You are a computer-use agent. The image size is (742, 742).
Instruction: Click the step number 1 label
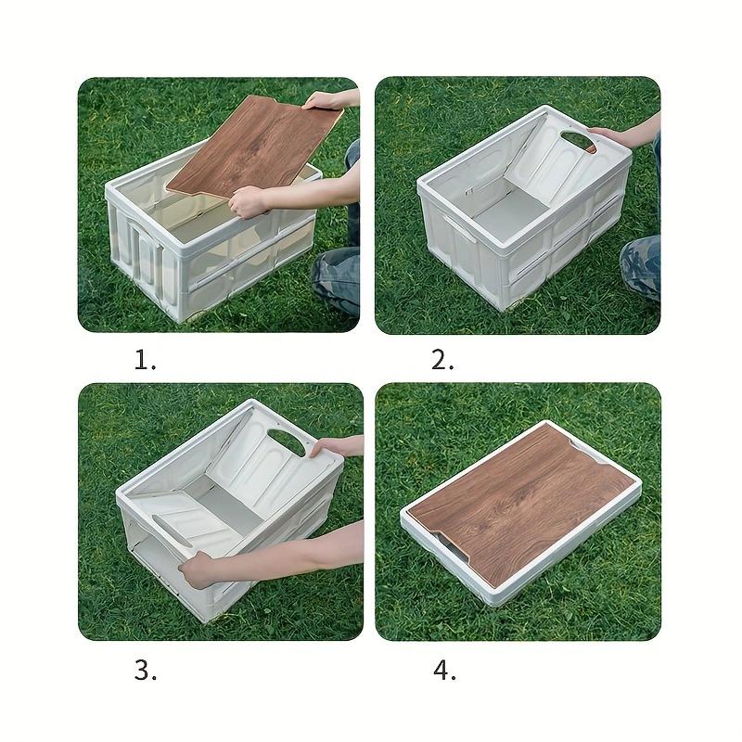145,361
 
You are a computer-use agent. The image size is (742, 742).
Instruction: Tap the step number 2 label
442,361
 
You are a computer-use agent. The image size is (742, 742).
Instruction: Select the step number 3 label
145,671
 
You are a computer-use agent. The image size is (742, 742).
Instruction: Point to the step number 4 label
444,671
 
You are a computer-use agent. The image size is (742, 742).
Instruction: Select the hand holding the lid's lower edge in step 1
248,199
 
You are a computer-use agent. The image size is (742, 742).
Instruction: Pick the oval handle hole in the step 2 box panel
581,141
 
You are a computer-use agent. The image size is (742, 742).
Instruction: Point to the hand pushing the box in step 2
612,135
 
